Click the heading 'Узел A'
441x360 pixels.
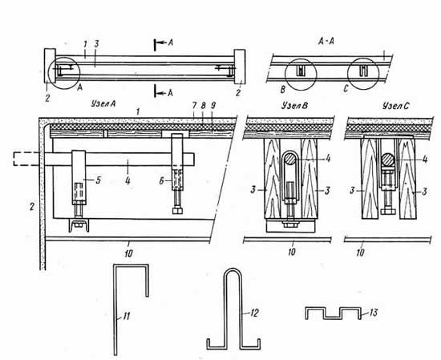click(x=103, y=103)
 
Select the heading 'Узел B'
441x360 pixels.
click(x=295, y=106)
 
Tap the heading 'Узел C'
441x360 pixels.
click(x=396, y=106)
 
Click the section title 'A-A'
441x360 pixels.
click(x=326, y=42)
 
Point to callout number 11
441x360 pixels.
click(x=126, y=317)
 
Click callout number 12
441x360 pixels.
click(x=253, y=313)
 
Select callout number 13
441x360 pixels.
click(x=373, y=313)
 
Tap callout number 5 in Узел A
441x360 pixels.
click(x=98, y=180)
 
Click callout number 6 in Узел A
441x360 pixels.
click(x=161, y=181)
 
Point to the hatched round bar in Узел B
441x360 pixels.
click(x=289, y=160)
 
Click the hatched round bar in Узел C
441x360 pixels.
click(x=387, y=159)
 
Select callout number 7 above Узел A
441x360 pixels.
click(x=194, y=106)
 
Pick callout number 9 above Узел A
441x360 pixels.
click(x=213, y=106)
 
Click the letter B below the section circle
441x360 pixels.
click(x=283, y=90)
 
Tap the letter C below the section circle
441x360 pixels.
click(x=346, y=89)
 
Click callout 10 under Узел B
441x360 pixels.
click(x=292, y=252)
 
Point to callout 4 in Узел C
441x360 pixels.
click(x=425, y=160)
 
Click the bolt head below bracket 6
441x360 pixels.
click(x=178, y=211)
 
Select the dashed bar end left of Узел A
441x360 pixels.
click(x=26, y=159)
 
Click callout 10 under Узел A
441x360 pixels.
click(x=128, y=253)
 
